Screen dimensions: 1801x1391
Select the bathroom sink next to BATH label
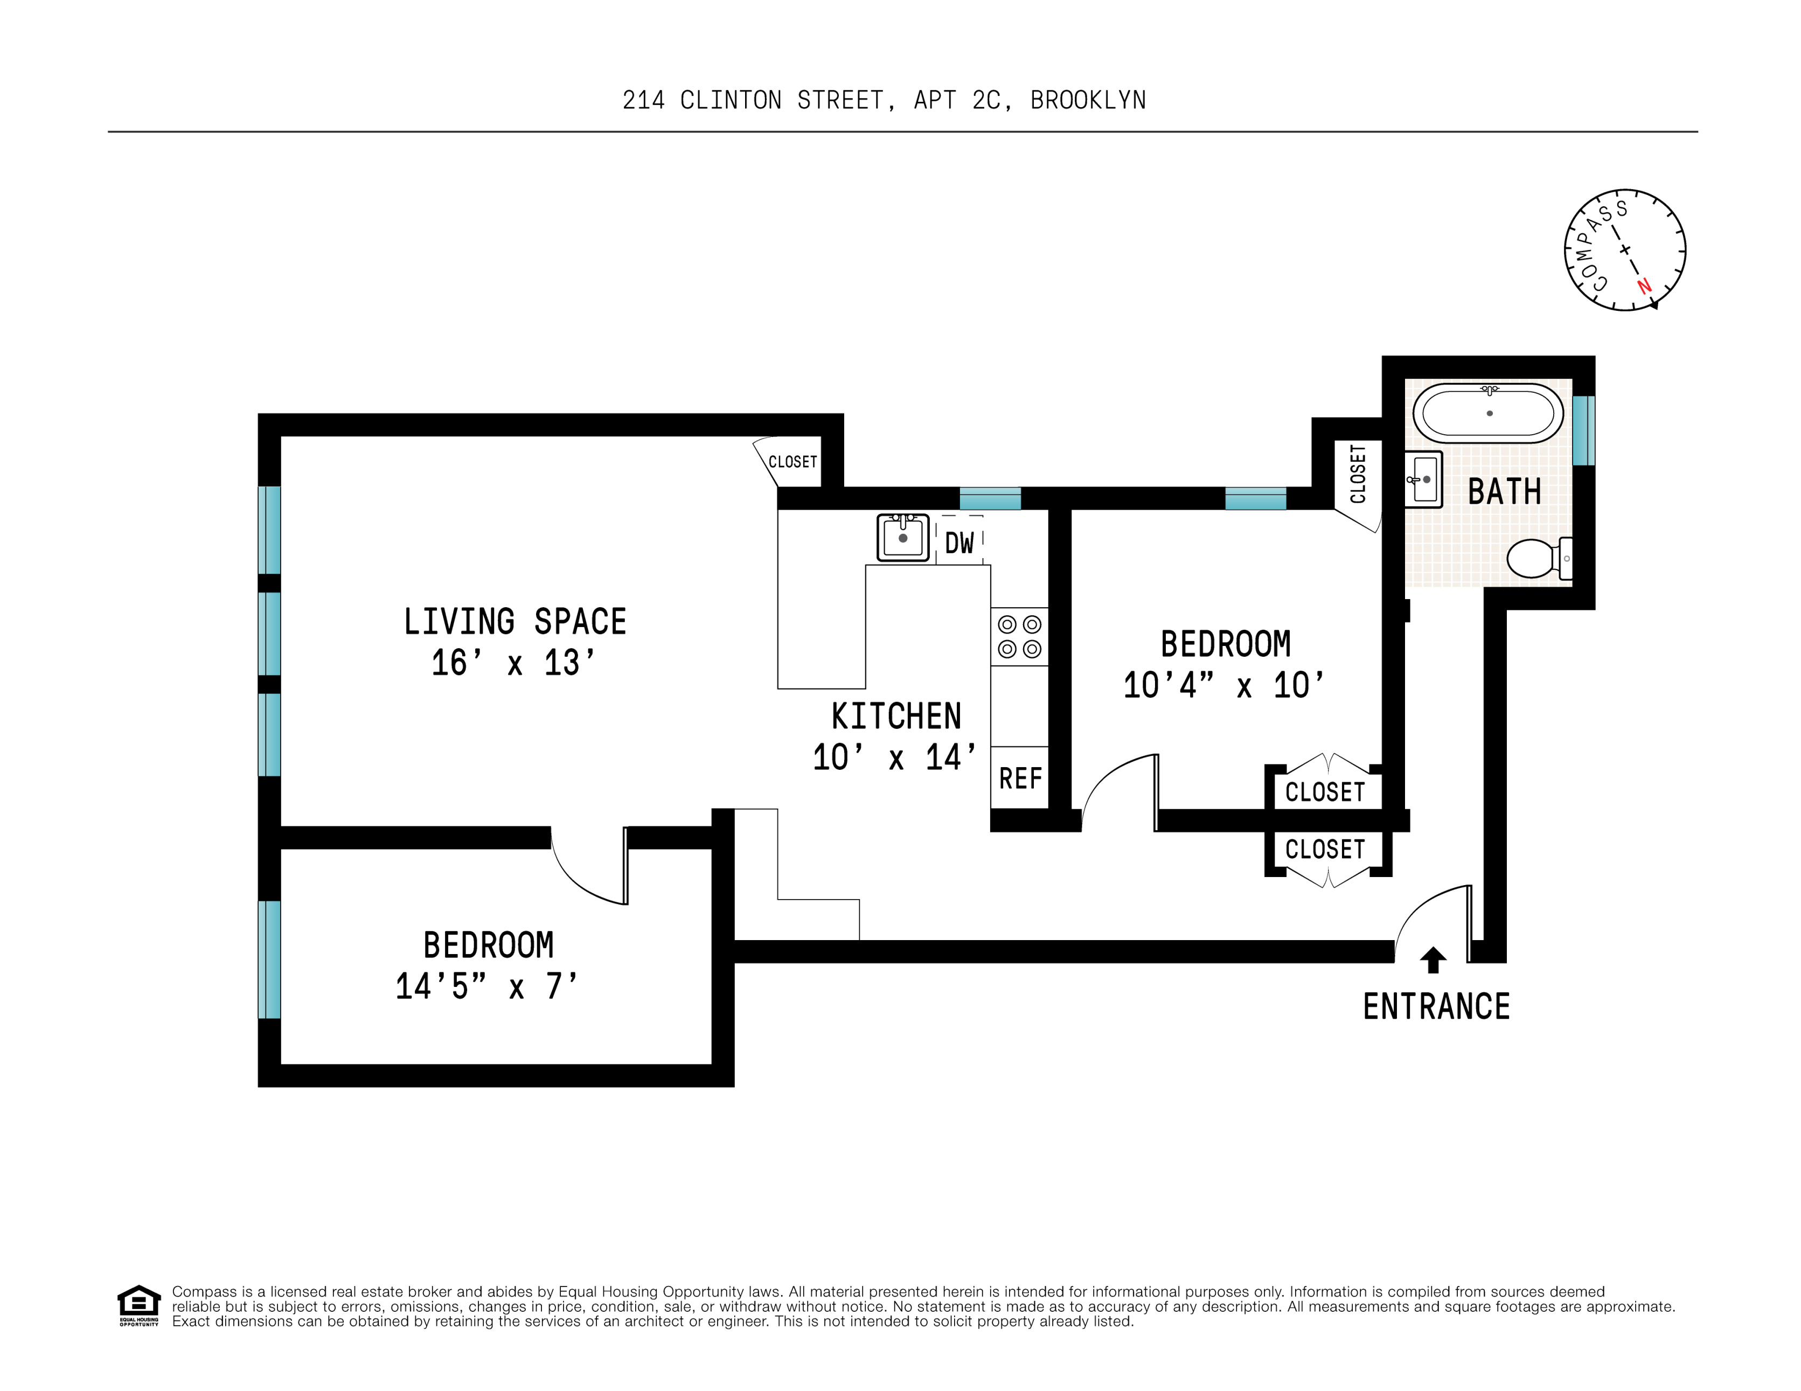[x=1424, y=479]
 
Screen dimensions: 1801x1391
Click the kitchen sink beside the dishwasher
[x=902, y=538]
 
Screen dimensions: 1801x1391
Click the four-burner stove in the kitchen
[x=1019, y=637]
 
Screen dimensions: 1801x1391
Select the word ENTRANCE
[x=1436, y=1007]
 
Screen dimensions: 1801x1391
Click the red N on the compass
[x=1644, y=286]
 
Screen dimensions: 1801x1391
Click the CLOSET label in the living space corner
[x=792, y=462]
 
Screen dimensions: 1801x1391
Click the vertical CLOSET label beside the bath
[x=1357, y=474]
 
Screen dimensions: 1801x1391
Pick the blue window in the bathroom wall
[x=1583, y=430]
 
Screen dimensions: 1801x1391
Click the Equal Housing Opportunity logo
[x=138, y=1305]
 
